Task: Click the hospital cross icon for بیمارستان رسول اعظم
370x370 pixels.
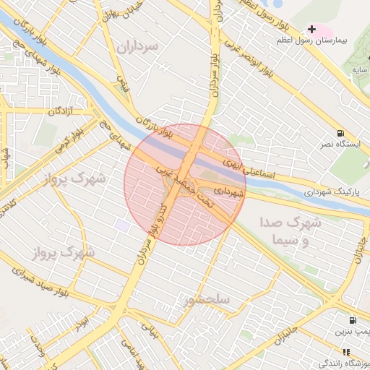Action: (x=311, y=30)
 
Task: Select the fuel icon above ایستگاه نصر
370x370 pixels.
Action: (x=340, y=133)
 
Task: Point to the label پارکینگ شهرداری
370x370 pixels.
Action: (x=309, y=193)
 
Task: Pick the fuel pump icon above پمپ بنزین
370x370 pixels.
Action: (x=352, y=320)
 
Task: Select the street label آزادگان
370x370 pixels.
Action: (x=63, y=111)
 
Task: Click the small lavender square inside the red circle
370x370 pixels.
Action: (x=123, y=226)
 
